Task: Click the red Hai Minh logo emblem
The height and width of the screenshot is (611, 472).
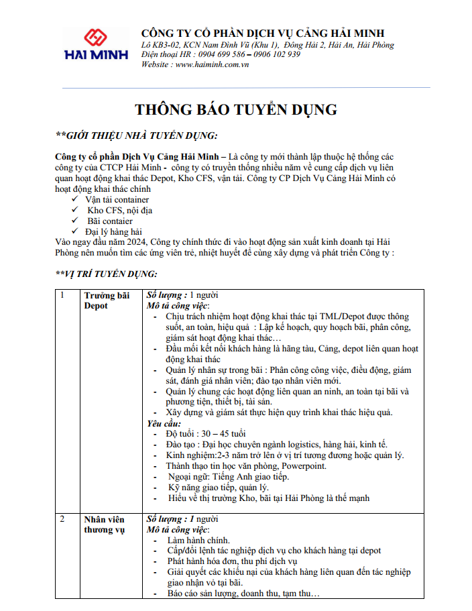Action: pos(95,38)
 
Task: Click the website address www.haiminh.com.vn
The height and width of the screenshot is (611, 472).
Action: pos(212,64)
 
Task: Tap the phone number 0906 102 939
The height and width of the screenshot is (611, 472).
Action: pos(277,54)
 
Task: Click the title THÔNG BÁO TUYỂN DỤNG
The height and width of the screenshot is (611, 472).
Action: pos(236,109)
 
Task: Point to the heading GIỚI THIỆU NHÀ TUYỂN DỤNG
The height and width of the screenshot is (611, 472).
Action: pos(137,135)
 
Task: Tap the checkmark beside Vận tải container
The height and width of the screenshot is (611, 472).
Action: pos(74,200)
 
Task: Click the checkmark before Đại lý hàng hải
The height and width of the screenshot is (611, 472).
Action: pos(74,231)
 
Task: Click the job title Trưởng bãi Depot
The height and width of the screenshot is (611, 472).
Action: pos(107,300)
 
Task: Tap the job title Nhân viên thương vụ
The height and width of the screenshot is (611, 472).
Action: pos(105,524)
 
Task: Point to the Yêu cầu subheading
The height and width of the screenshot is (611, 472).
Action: pos(164,423)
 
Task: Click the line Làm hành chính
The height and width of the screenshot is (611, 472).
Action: pos(198,540)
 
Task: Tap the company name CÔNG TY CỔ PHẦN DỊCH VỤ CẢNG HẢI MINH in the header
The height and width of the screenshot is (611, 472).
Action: pos(263,34)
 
